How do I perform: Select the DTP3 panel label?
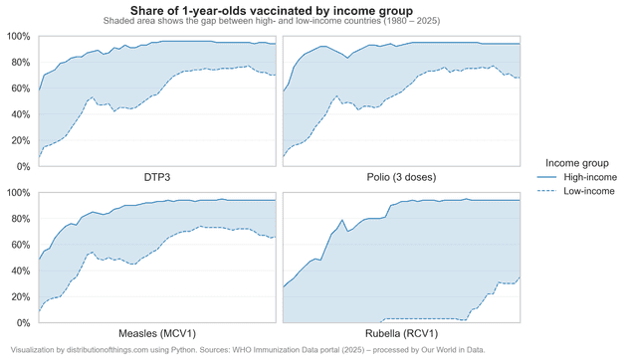(157, 178)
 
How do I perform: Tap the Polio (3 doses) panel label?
(401, 178)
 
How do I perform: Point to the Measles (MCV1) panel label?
(157, 333)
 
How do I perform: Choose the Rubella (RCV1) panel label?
(401, 333)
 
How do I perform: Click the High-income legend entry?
(590, 177)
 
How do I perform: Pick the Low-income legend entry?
(589, 191)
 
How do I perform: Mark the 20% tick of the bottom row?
(20, 296)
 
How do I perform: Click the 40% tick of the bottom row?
(20, 270)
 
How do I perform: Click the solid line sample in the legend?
(544, 177)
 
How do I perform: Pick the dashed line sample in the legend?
(544, 191)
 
